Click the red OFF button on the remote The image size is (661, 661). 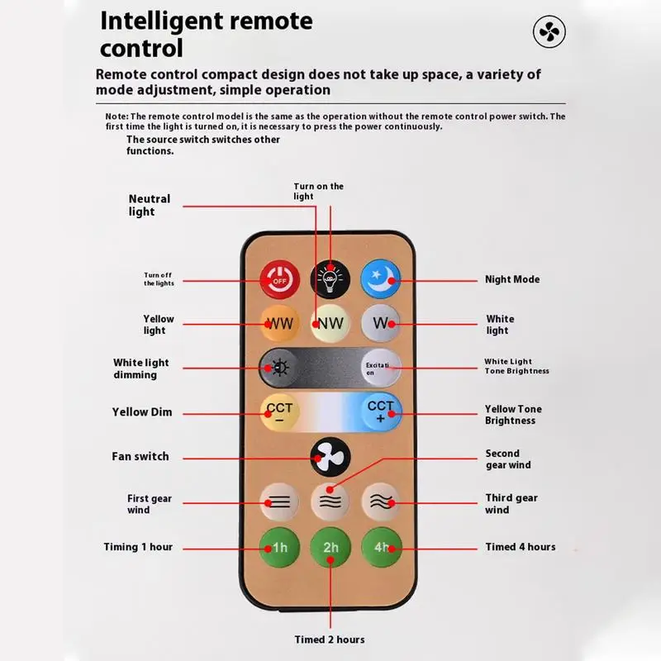279,279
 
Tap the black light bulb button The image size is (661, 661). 330,279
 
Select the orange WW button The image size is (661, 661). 279,323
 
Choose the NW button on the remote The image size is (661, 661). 330,323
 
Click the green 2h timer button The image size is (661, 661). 330,546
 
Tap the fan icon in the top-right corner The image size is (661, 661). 549,32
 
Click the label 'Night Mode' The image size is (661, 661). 512,279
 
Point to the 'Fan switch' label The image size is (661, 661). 140,456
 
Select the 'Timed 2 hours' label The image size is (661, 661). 330,640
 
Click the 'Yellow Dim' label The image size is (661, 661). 142,411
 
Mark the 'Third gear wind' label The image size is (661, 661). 511,504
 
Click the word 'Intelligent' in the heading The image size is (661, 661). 169,20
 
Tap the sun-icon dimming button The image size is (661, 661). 279,367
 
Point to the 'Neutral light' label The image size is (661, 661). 150,205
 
